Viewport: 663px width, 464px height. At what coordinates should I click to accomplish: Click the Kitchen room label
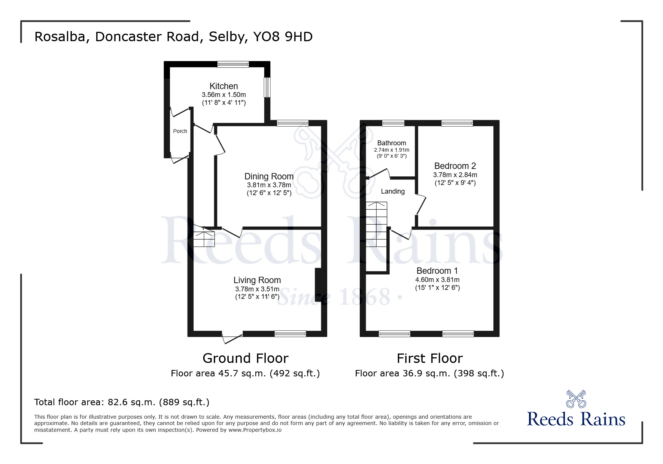click(223, 86)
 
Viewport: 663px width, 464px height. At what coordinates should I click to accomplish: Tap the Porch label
click(180, 131)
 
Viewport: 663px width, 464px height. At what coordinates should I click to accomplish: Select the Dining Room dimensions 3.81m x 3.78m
click(269, 185)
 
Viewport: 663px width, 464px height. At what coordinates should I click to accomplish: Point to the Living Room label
click(257, 280)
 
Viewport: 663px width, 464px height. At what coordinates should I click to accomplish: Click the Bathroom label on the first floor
click(392, 143)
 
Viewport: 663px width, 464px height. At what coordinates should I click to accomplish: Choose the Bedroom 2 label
click(455, 166)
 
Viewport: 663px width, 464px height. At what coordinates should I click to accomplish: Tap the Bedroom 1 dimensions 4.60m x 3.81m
click(437, 280)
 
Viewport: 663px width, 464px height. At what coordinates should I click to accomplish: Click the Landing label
click(393, 191)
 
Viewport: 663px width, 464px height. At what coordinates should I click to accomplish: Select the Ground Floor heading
click(246, 358)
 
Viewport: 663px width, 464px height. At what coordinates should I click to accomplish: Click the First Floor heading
click(430, 358)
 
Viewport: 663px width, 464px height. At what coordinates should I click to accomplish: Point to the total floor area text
click(122, 402)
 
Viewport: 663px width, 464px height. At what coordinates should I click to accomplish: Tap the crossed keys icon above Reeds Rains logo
click(576, 399)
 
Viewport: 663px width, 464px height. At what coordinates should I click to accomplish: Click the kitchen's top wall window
click(233, 64)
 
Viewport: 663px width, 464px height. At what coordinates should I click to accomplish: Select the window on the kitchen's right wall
click(267, 87)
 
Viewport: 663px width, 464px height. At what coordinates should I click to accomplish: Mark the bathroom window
click(393, 123)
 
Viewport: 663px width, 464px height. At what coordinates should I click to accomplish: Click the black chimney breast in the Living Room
click(318, 285)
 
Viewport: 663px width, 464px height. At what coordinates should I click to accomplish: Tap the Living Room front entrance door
click(232, 337)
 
